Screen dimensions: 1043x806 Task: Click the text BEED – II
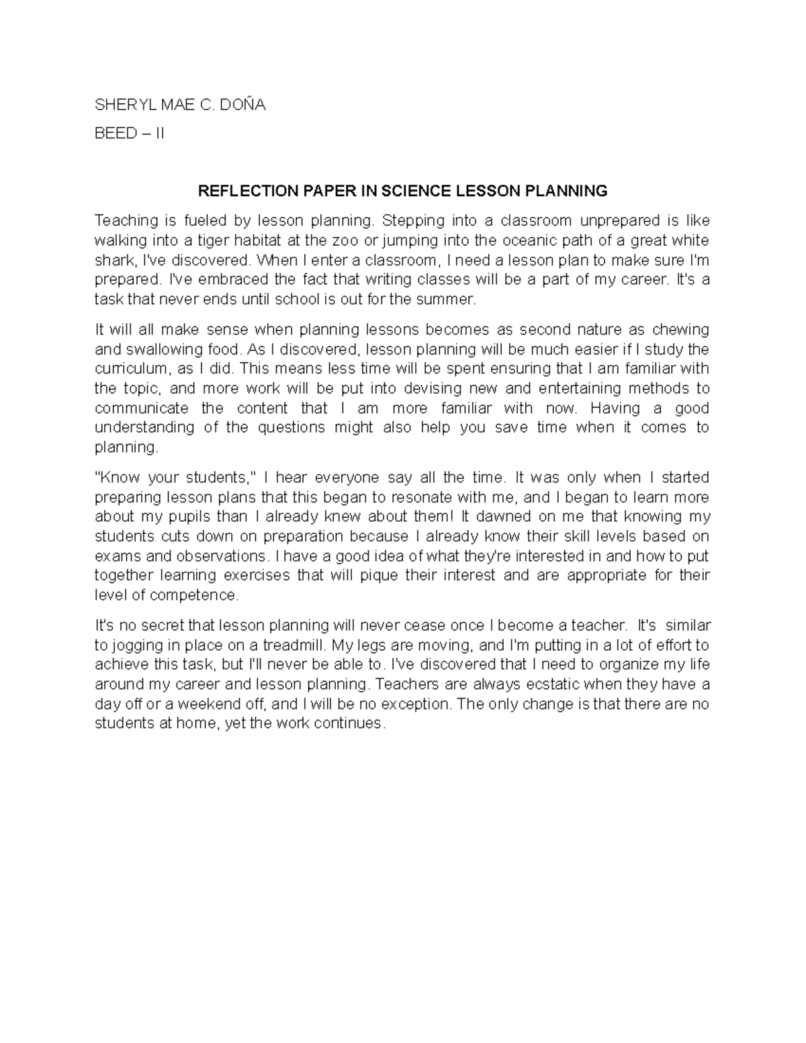point(129,134)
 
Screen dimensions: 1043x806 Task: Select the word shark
point(113,260)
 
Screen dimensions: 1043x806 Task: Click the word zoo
point(349,240)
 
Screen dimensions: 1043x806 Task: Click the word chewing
point(679,330)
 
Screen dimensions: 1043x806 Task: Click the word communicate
point(142,408)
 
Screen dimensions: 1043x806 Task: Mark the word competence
point(194,596)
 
